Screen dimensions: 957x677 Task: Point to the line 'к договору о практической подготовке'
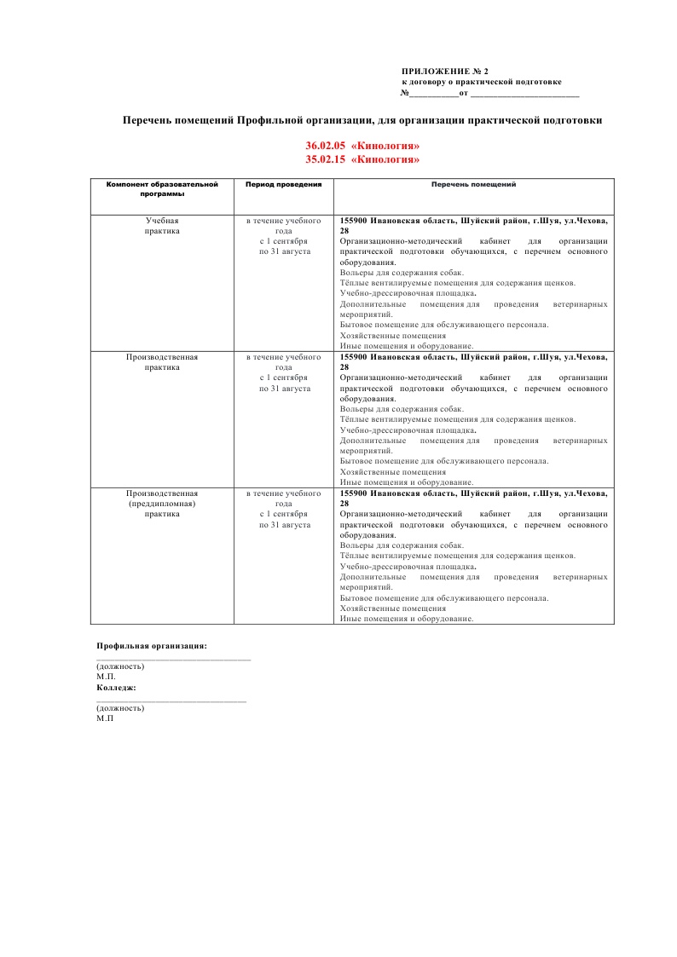coord(482,82)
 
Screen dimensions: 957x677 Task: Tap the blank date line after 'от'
coord(524,94)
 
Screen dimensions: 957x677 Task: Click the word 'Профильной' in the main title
coord(269,120)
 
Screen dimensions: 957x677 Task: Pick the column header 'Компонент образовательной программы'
coord(162,188)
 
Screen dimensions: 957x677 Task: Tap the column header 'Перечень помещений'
coord(473,184)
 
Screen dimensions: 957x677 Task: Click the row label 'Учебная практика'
coord(162,226)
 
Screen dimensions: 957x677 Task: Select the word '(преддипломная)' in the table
coord(162,504)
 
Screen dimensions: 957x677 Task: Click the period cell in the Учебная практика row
coord(283,236)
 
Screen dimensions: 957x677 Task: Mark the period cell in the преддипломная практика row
coord(283,509)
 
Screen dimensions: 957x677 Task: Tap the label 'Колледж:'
coord(117,687)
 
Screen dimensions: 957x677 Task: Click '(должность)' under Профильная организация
coord(120,666)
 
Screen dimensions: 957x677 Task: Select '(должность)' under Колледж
coord(120,708)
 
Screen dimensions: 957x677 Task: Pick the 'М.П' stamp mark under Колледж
coord(106,718)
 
